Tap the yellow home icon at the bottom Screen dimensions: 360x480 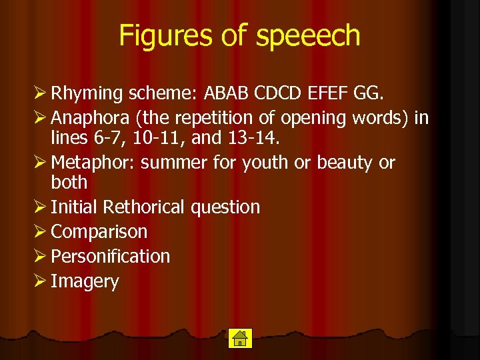pyautogui.click(x=239, y=338)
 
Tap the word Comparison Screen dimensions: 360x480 pyautogui.click(x=99, y=232)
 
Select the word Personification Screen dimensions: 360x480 pyautogui.click(x=110, y=257)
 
